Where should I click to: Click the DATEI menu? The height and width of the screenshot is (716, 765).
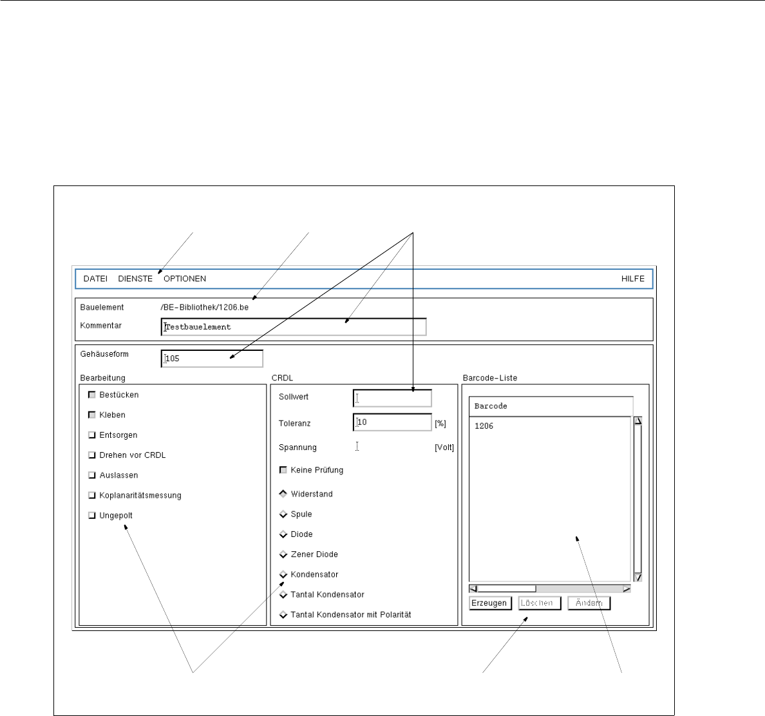[95, 279]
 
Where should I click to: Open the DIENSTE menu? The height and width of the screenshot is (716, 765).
[135, 279]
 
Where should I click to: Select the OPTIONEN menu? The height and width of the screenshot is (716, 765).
[185, 279]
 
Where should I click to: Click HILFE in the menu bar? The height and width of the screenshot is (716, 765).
[632, 279]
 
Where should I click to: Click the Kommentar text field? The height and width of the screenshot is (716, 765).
[294, 327]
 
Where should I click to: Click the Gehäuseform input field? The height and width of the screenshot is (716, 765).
[212, 359]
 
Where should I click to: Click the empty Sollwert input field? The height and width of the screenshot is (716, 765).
[392, 398]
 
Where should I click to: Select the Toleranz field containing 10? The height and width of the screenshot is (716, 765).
[392, 422]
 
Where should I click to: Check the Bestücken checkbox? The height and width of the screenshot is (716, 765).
[92, 395]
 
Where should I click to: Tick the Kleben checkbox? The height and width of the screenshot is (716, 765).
[92, 415]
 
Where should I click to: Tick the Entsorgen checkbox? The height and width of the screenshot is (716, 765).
[92, 435]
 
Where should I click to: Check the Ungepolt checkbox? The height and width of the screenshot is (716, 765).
[92, 515]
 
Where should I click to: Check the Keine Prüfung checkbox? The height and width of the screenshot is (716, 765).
[283, 470]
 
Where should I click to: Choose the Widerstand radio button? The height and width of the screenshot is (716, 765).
[283, 494]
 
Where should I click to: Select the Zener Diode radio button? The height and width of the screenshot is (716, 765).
[283, 554]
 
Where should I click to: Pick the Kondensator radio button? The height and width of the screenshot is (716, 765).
[283, 574]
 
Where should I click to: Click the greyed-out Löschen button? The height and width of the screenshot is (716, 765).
[540, 603]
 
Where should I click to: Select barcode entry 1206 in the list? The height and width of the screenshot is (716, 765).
[484, 426]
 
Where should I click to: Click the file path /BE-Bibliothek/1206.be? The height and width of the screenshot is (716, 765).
[204, 307]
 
